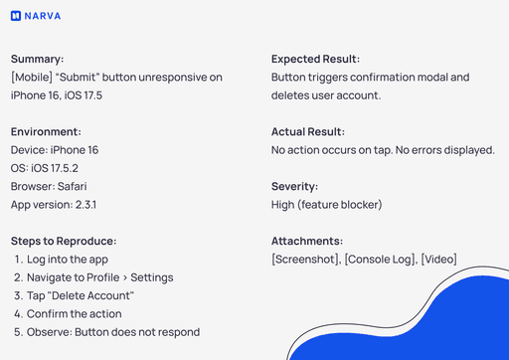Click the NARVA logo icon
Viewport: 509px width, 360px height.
(x=16, y=16)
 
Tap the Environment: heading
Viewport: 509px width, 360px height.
(x=46, y=132)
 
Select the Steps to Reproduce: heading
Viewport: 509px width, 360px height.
(x=64, y=241)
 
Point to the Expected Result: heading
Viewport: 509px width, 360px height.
(x=315, y=59)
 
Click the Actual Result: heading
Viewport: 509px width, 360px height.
(x=307, y=132)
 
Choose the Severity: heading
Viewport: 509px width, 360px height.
(x=296, y=186)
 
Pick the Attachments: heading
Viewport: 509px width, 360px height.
(x=307, y=241)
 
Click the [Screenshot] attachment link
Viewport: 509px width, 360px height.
(x=304, y=260)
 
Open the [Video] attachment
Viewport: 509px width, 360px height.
(x=438, y=260)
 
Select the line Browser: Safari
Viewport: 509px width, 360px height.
(x=52, y=186)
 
